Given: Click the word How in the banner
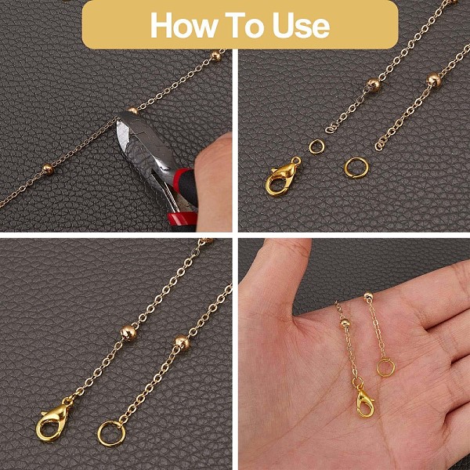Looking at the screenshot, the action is (183, 26).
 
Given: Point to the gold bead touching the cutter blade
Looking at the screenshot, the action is (132, 110).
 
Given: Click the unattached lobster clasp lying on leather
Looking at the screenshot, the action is (282, 176).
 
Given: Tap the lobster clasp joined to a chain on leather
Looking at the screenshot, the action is (52, 420).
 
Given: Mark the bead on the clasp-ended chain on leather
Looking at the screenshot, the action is (128, 333).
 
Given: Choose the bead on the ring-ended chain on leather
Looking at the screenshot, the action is (182, 342).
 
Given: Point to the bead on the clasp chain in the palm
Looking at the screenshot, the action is (345, 323).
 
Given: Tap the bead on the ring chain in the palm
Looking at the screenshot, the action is (368, 296).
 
